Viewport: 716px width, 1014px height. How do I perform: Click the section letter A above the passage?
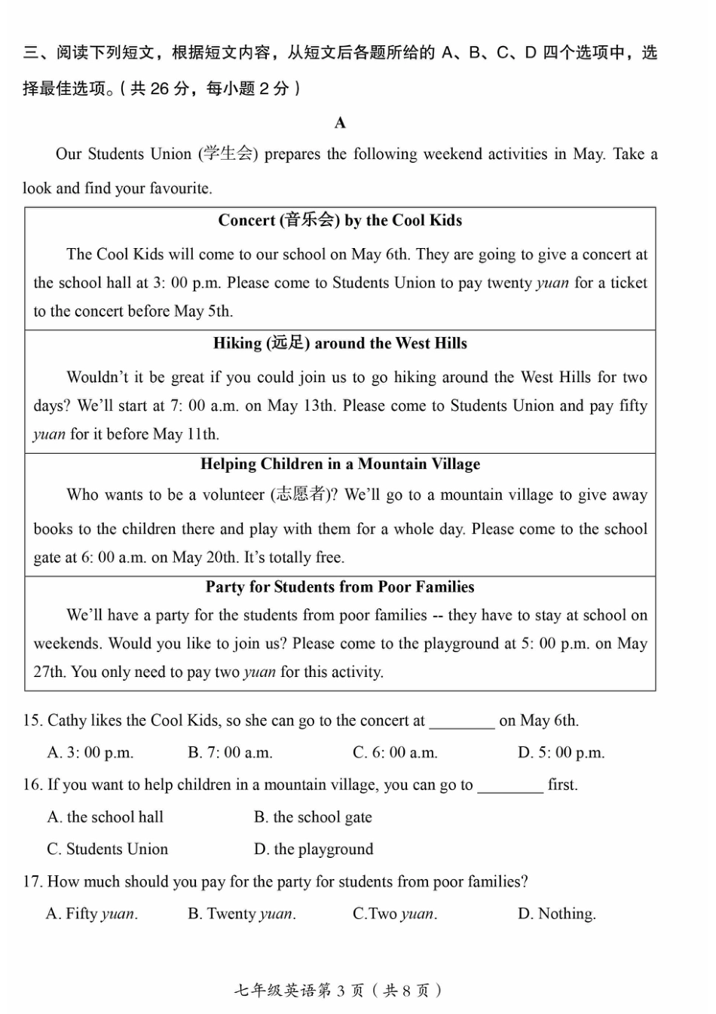pyautogui.click(x=340, y=123)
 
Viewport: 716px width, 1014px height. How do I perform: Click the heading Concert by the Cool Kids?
pyautogui.click(x=340, y=220)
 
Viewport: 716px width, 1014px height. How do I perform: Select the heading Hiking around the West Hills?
pyautogui.click(x=340, y=344)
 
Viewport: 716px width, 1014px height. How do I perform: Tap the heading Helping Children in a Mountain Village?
pyautogui.click(x=340, y=464)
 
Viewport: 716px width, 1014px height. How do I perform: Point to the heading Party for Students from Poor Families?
pyautogui.click(x=340, y=587)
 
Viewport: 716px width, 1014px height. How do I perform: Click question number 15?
pyautogui.click(x=32, y=721)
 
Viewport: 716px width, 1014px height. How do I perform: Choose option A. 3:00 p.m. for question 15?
pyautogui.click(x=90, y=753)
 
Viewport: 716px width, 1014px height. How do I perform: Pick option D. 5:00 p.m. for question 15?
pyautogui.click(x=561, y=753)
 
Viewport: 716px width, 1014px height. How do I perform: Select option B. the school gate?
pyautogui.click(x=313, y=818)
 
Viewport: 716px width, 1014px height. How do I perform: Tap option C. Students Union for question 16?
pyautogui.click(x=107, y=850)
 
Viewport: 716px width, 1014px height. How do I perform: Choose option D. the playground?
pyautogui.click(x=314, y=850)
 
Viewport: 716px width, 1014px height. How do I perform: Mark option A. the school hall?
pyautogui.click(x=105, y=818)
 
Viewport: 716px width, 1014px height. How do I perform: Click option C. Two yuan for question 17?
pyautogui.click(x=395, y=914)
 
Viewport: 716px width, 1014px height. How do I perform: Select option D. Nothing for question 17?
pyautogui.click(x=556, y=914)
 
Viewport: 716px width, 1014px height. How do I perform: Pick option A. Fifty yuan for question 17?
pyautogui.click(x=91, y=914)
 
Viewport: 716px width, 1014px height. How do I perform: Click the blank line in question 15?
pyautogui.click(x=462, y=725)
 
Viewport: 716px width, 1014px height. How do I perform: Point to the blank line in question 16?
pyautogui.click(x=510, y=789)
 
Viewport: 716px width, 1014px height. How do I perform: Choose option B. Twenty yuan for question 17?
pyautogui.click(x=241, y=914)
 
